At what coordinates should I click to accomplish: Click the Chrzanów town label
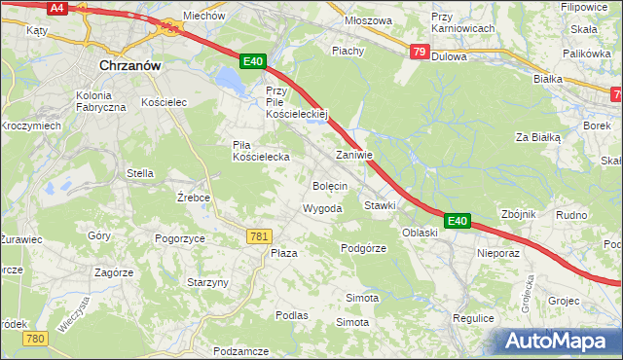130,66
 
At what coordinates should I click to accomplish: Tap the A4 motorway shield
56,8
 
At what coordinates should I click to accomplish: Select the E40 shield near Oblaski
458,222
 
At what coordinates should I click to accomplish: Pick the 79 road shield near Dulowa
419,52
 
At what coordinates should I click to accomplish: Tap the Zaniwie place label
354,156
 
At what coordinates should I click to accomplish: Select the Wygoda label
322,209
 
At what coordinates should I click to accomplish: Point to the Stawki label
380,206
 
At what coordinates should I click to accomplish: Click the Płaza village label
283,253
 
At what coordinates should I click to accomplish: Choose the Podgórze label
364,249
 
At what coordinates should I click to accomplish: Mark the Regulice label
474,318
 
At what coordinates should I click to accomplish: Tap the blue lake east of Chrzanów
232,82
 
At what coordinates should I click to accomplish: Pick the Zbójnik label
519,215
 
